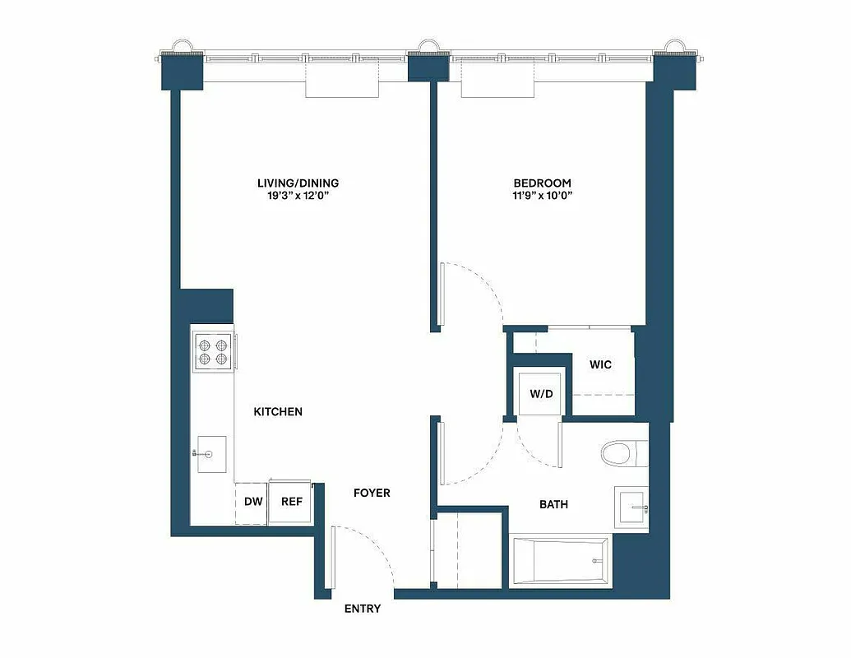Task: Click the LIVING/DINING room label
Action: [x=298, y=183]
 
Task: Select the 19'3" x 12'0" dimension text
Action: [x=298, y=196]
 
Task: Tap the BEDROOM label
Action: [x=542, y=183]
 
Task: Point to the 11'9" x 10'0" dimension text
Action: [x=542, y=196]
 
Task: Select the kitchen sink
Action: [x=212, y=453]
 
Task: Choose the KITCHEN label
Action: [x=278, y=411]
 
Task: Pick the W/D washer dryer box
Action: [x=541, y=393]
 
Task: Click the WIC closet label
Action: [x=601, y=364]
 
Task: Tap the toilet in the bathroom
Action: [x=623, y=452]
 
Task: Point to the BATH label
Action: [x=553, y=504]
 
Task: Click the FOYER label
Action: [x=372, y=493]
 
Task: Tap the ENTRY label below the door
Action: [x=363, y=609]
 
